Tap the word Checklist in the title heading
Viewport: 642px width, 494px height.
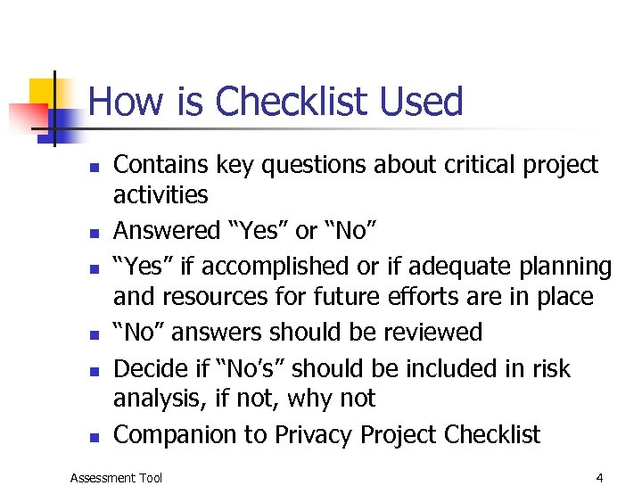(292, 102)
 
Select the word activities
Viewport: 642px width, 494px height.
(160, 194)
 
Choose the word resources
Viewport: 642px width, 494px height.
(224, 296)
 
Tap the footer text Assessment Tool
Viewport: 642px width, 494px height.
(116, 478)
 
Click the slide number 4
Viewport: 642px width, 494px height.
(599, 478)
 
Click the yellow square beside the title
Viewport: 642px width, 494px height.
(42, 92)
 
